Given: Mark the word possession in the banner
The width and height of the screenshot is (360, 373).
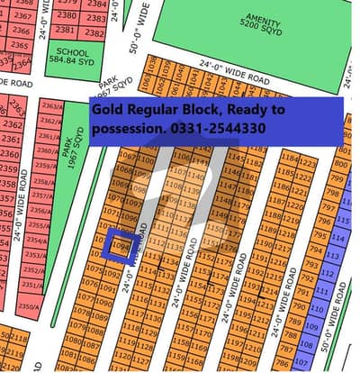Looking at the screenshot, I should tap(130, 128).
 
